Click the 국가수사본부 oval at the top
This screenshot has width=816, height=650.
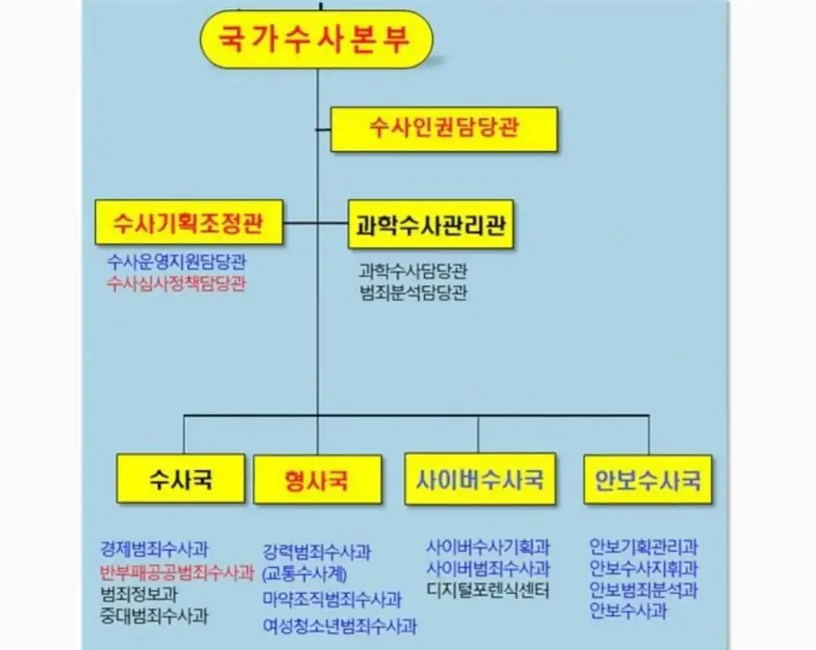[316, 39]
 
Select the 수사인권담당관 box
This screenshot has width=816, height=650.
[444, 128]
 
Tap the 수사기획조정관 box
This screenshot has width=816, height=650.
[189, 222]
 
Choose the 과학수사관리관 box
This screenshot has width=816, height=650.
[431, 224]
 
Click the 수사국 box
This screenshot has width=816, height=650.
[181, 478]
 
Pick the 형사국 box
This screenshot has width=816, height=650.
[317, 480]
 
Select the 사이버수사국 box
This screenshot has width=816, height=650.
[480, 479]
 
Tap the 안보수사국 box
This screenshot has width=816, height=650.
[648, 479]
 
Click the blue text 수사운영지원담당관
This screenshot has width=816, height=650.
[177, 262]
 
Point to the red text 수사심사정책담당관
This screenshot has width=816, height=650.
[177, 283]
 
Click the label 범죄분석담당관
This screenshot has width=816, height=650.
[413, 292]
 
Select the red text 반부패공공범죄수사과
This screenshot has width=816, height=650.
[177, 572]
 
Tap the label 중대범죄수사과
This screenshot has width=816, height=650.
[154, 615]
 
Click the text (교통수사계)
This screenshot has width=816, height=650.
[304, 574]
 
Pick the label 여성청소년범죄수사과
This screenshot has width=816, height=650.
[339, 626]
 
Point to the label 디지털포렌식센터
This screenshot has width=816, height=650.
[488, 590]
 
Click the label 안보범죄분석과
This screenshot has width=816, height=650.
[644, 590]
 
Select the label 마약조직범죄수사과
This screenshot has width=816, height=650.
[332, 600]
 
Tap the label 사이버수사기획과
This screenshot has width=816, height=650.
[488, 546]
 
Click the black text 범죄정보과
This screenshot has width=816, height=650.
[139, 594]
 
